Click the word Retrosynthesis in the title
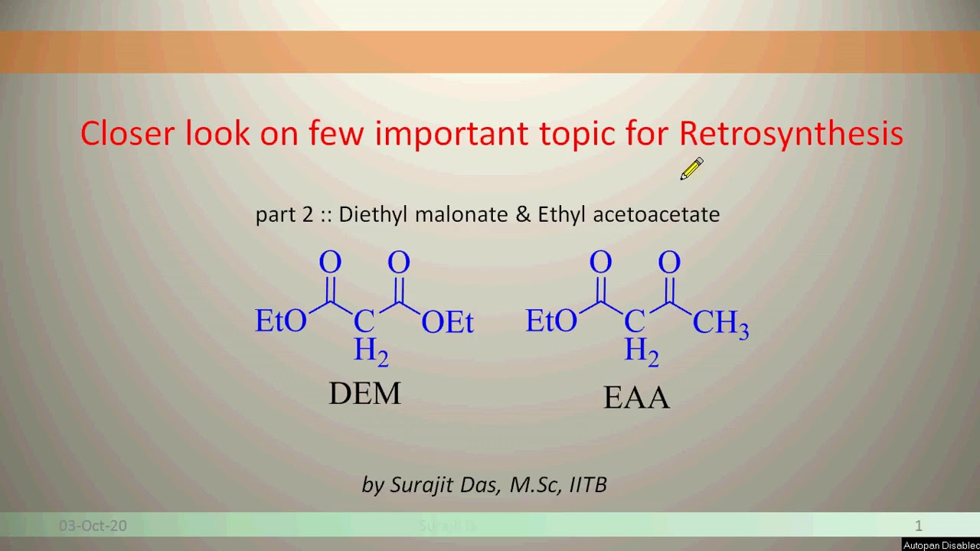(x=791, y=134)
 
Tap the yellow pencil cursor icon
(x=691, y=169)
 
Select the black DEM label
(x=364, y=393)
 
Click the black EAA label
(x=636, y=398)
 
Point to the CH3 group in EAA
(x=720, y=324)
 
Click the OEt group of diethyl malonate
(x=448, y=323)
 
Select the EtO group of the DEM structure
(x=280, y=321)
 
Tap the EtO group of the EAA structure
(x=551, y=321)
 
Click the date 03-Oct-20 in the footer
(x=93, y=526)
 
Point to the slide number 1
(x=919, y=526)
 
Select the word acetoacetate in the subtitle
(x=656, y=214)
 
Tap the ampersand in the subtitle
(x=524, y=214)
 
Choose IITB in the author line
(x=588, y=485)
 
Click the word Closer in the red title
(x=129, y=134)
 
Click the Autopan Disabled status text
(x=941, y=546)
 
